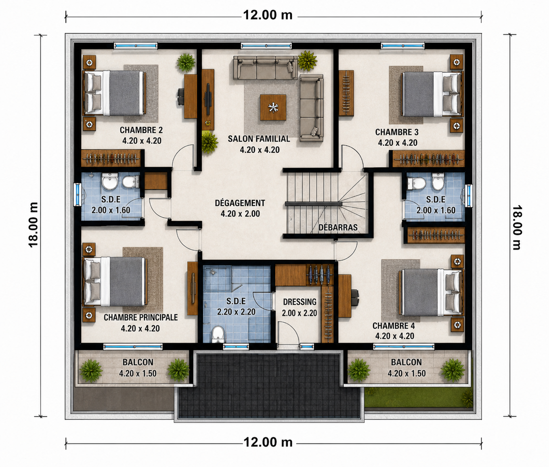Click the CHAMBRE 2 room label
click(141, 130)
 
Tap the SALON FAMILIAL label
click(259, 139)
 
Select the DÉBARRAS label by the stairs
click(338, 227)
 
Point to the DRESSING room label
click(300, 302)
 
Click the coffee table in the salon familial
click(273, 107)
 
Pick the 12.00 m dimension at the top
click(268, 15)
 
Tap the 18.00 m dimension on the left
click(34, 225)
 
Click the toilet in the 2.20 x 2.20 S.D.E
click(218, 334)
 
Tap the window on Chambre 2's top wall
click(136, 46)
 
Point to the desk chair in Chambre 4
click(355, 297)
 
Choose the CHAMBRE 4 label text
click(393, 326)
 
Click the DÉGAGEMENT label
click(240, 203)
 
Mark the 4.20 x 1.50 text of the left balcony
click(138, 373)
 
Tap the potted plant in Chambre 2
click(186, 63)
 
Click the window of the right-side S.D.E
click(469, 196)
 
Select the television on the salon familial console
click(208, 99)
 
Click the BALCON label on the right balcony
click(407, 362)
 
